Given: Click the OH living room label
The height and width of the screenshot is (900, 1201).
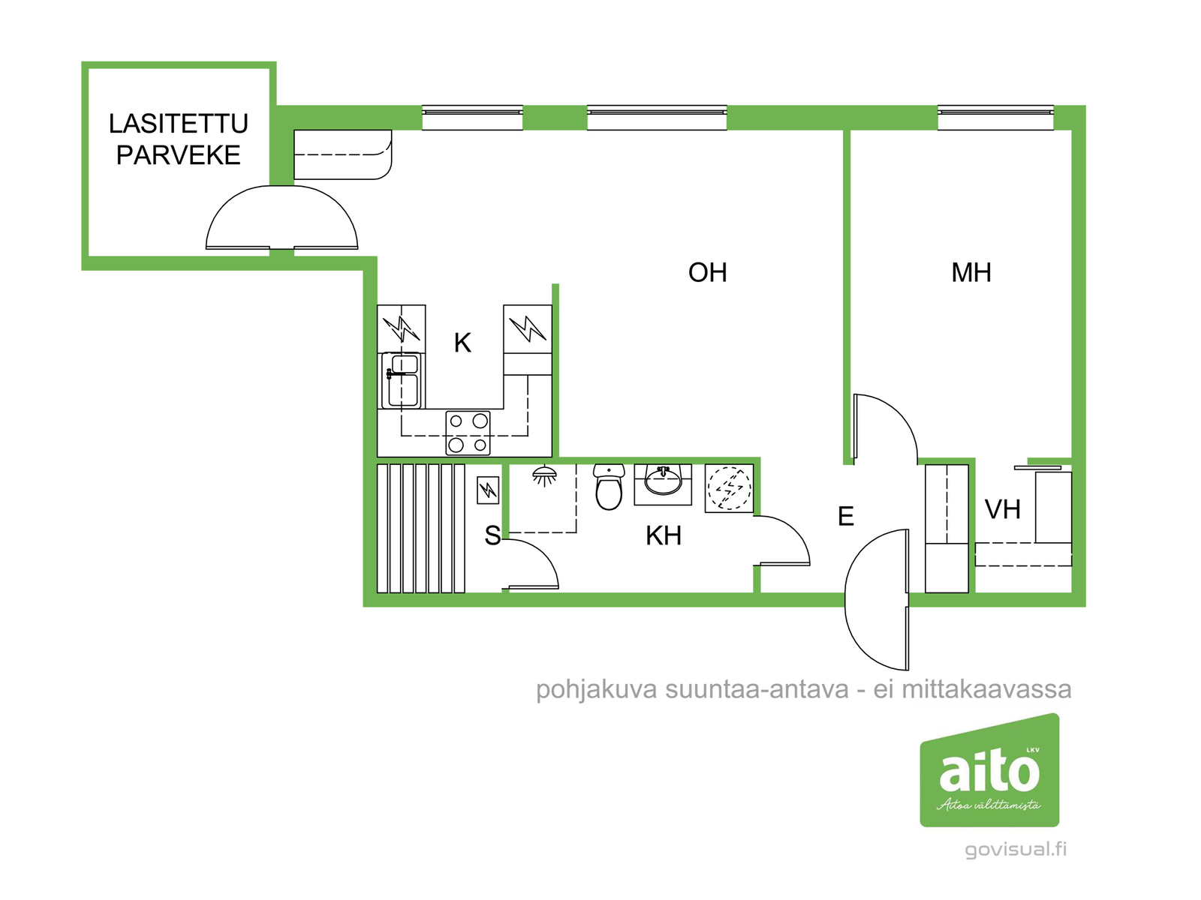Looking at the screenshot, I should (707, 272).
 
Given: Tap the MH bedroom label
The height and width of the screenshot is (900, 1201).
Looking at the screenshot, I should (971, 272).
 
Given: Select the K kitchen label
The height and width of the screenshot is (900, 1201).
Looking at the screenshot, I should (462, 343).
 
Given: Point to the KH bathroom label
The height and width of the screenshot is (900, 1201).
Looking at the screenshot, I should (664, 535).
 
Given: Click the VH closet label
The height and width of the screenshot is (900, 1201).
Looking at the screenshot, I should (1002, 510).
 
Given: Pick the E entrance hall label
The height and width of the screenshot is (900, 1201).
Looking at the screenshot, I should (846, 516).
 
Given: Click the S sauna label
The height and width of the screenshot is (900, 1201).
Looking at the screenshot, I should (492, 535).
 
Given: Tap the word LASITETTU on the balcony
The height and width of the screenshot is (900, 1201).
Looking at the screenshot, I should (179, 124).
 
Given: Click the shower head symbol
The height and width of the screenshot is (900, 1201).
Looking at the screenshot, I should (545, 475).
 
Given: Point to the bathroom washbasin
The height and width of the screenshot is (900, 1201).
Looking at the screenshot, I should (664, 482).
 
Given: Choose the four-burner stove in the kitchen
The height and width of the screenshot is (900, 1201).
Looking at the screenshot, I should (468, 433).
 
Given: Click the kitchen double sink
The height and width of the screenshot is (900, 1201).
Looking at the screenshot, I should (403, 380).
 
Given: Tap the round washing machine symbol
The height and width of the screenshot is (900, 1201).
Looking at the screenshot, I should (729, 489).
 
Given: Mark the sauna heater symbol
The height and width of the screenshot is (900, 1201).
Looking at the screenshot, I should (488, 490).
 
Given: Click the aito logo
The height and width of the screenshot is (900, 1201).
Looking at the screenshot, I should (989, 770).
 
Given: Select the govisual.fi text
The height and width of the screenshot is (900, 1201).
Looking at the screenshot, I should (1016, 849).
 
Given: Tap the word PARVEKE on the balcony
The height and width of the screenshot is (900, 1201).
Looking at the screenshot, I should (179, 155).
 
